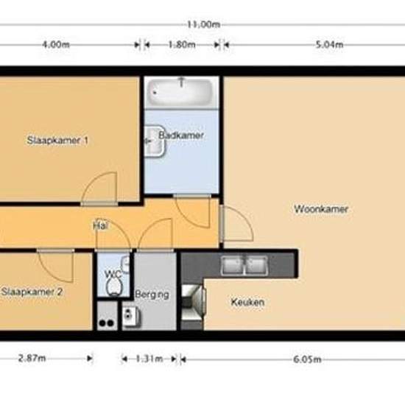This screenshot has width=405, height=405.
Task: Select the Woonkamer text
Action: pyautogui.click(x=321, y=209)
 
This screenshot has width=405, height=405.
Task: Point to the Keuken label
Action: pyautogui.click(x=247, y=302)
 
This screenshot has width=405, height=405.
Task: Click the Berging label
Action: pyautogui.click(x=152, y=295)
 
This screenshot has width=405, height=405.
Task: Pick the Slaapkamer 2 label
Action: pyautogui.click(x=31, y=292)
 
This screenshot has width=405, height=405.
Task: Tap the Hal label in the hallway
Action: pyautogui.click(x=100, y=226)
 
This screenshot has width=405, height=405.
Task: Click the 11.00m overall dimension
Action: pyautogui.click(x=204, y=24)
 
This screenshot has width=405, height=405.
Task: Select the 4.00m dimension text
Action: pyautogui.click(x=56, y=44)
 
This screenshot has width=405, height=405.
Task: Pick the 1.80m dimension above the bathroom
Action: pyautogui.click(x=181, y=44)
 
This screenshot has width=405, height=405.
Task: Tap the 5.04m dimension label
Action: pyautogui.click(x=328, y=44)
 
